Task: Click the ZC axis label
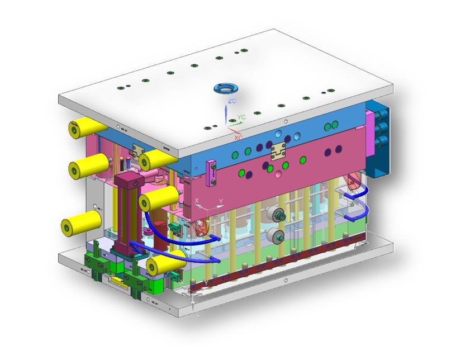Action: coord(231,101)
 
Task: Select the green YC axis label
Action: coord(241,117)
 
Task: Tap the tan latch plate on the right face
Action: coord(277,149)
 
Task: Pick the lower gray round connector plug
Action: coord(274,235)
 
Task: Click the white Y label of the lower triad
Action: coord(221,201)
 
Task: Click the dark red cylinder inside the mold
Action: coord(160,230)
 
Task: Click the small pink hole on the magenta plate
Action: coord(277,175)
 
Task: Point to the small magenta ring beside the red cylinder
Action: coord(202,228)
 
